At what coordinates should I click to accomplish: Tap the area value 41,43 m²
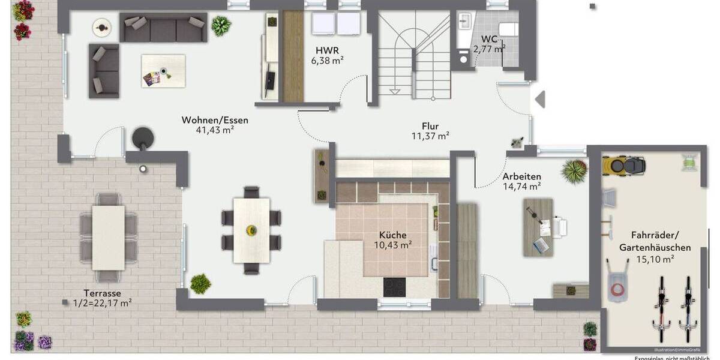click(x=215, y=130)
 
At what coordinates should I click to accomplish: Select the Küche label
click(x=392, y=235)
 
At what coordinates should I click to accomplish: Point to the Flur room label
click(x=430, y=126)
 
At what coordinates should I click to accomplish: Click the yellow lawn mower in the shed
click(x=623, y=164)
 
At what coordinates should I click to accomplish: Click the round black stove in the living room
click(x=143, y=138)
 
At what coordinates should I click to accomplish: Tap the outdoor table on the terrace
click(x=109, y=238)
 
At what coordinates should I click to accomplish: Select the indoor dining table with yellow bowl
click(x=251, y=229)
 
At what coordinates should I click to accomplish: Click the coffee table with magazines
click(x=163, y=71)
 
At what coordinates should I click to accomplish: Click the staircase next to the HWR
click(x=414, y=57)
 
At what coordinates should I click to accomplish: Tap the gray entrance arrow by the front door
click(x=540, y=98)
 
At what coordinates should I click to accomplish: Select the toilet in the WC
click(x=509, y=30)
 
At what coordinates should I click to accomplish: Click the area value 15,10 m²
click(x=655, y=259)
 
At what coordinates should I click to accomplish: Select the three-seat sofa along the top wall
click(x=163, y=28)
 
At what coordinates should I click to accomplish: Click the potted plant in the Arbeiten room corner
click(x=574, y=171)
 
